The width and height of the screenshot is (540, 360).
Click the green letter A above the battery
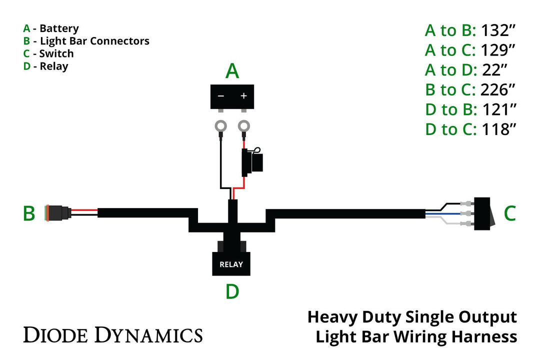click(x=232, y=71)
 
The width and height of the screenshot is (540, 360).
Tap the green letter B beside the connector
click(x=29, y=213)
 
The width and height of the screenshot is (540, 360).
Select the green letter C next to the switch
click(x=509, y=213)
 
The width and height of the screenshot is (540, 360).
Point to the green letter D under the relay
click(x=232, y=291)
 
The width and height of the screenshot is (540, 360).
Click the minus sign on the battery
click(x=220, y=95)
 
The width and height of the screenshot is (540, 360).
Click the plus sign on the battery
click(x=244, y=95)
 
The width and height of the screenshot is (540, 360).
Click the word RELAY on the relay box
click(x=231, y=264)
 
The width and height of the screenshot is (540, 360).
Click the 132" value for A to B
click(x=497, y=30)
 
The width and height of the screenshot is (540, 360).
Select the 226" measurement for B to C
click(x=497, y=90)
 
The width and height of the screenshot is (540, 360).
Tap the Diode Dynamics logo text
click(x=113, y=334)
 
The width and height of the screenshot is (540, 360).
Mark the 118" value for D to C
click(x=498, y=129)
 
